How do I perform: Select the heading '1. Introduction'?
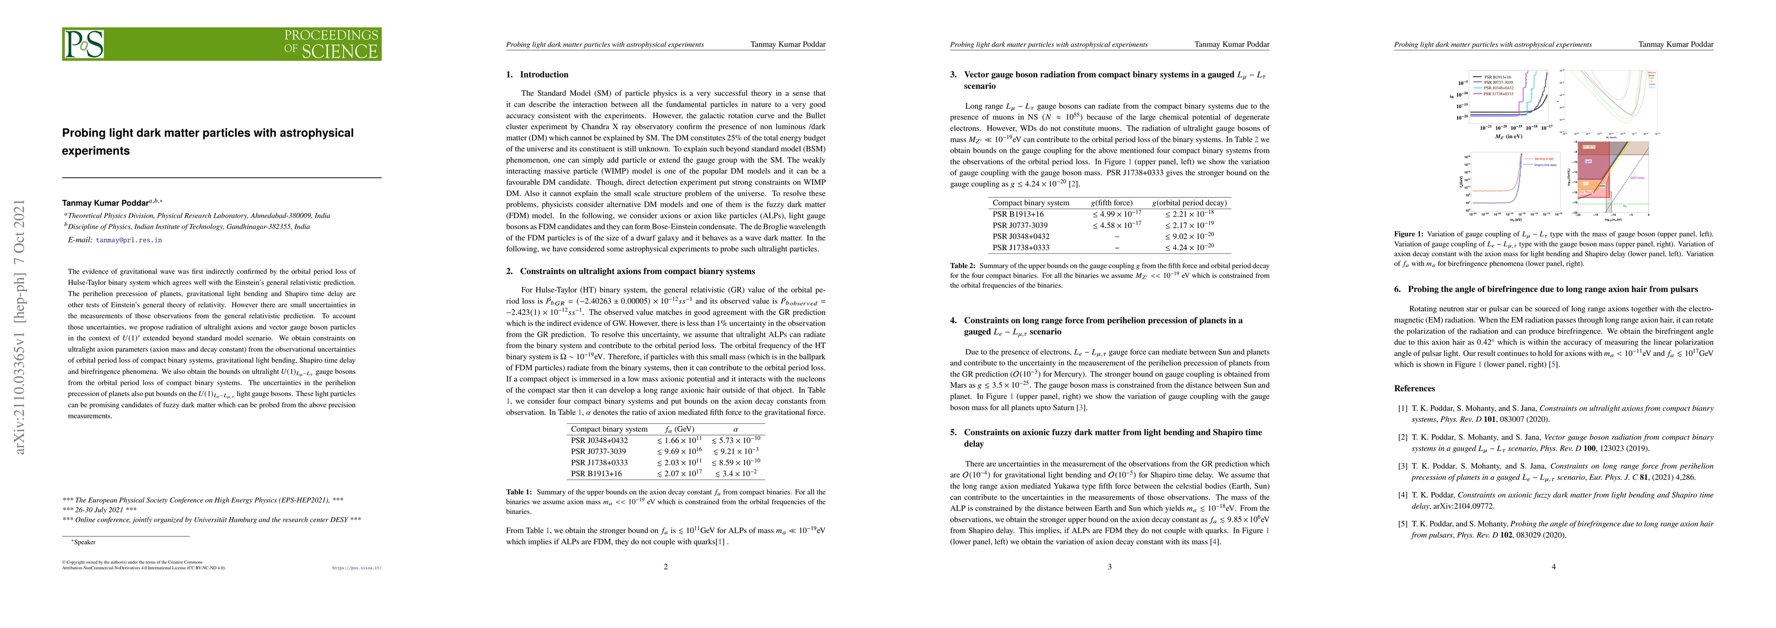537,74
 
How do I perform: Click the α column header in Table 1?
735,429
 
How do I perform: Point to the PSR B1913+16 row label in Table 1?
596,474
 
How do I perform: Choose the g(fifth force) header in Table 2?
1111,203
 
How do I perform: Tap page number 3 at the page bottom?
1109,567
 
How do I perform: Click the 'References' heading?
1414,388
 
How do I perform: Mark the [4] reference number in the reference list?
1402,495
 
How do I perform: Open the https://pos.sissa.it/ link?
357,569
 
